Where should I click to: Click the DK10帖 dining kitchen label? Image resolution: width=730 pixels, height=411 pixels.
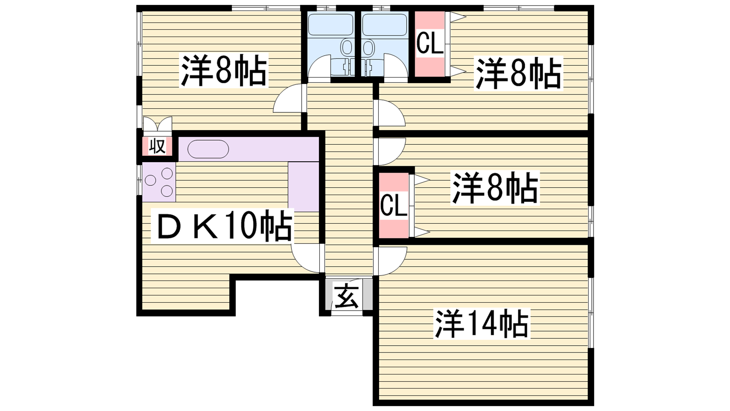(x=222, y=226)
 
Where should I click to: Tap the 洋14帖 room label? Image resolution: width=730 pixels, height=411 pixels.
(x=481, y=324)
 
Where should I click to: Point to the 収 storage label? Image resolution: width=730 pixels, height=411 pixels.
(x=157, y=146)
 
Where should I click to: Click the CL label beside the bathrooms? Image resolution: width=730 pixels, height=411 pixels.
(x=430, y=43)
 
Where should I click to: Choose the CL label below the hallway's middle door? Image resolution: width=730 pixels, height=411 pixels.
(x=394, y=205)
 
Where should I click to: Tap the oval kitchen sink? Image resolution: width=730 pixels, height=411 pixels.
(x=208, y=149)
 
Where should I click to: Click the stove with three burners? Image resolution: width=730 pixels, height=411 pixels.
(x=159, y=182)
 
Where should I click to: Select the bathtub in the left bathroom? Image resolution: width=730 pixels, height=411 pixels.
(x=330, y=25)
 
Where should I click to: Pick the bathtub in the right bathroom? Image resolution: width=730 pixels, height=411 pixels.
(x=385, y=25)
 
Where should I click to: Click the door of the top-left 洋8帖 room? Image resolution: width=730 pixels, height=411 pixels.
(x=290, y=98)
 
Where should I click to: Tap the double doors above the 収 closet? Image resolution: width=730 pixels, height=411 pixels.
(x=157, y=124)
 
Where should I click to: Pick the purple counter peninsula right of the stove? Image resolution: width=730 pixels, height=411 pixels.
(x=303, y=187)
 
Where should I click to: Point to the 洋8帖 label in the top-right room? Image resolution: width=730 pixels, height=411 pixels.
(x=518, y=73)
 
